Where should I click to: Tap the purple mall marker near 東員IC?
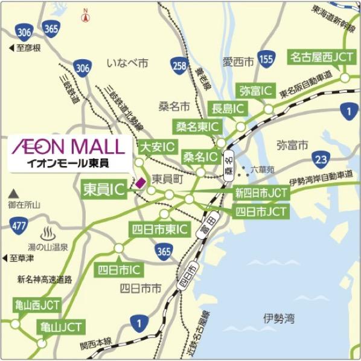140,182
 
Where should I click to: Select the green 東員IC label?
103,190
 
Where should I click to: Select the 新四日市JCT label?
261,193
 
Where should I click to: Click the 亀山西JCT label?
37,305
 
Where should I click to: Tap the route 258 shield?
179,65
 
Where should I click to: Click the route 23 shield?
321,159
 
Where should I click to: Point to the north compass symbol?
86,16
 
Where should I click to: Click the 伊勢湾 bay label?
278,316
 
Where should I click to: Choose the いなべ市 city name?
127,63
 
